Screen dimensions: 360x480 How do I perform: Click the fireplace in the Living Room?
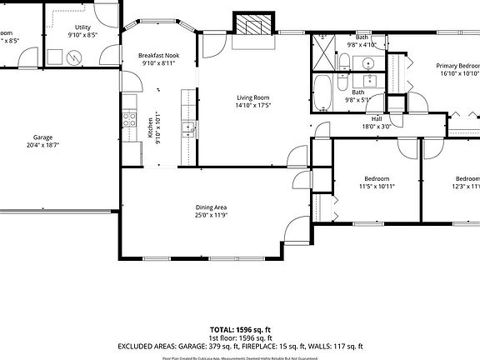252,25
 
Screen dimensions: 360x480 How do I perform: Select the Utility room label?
82,27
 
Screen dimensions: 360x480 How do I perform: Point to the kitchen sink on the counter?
190,128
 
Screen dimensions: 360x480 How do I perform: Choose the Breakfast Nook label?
158,55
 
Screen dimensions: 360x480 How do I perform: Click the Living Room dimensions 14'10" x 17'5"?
252,106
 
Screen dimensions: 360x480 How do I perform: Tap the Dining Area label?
211,207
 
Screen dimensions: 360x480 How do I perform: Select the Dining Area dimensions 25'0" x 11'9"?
211,216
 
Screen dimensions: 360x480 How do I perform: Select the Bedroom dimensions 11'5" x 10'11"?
377,186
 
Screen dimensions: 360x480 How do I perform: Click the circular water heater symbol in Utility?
73,57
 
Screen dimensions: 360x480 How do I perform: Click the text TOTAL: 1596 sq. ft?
240,330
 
